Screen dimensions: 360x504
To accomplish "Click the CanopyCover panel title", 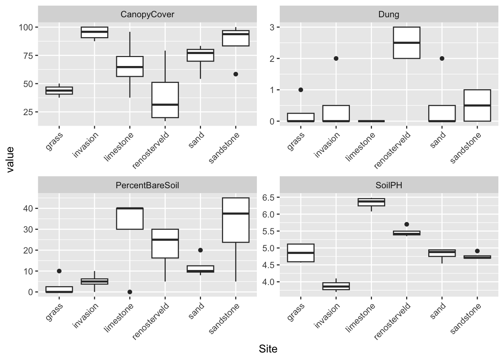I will point(147,15).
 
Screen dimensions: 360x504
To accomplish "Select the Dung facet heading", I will point(389,15).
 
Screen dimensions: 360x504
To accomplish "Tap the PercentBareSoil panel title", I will point(147,185).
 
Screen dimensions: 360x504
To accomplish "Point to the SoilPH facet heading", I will point(389,185).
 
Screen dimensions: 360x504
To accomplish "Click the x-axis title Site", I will point(268,349).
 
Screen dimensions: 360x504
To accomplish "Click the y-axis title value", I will point(10,159).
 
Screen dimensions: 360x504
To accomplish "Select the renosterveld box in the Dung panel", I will point(406,43).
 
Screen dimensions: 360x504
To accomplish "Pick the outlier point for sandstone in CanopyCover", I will point(235,74).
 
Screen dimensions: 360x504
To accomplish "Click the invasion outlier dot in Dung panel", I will point(336,58).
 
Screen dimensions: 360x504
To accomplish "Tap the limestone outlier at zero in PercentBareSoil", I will point(130,292).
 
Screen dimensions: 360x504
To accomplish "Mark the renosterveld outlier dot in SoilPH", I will point(406,224).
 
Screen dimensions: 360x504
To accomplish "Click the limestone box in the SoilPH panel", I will point(371,202).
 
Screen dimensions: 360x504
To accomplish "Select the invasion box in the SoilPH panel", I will point(336,286).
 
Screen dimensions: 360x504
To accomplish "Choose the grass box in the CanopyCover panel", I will point(59,91).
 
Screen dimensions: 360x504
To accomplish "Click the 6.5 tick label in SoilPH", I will point(268,198).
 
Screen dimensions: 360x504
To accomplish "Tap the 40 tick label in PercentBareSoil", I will point(28,208).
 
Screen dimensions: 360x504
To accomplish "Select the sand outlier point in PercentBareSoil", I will point(200,250).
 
